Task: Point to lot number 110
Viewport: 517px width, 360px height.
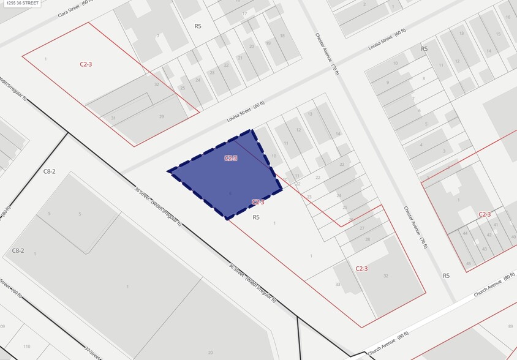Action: pyautogui.click(x=26, y=347)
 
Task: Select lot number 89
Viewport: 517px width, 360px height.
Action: pyautogui.click(x=510, y=327)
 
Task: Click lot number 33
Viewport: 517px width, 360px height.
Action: pyautogui.click(x=338, y=284)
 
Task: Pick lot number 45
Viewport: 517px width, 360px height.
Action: pyautogui.click(x=468, y=264)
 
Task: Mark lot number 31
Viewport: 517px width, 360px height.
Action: pyautogui.click(x=113, y=118)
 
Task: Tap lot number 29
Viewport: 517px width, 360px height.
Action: pyautogui.click(x=161, y=116)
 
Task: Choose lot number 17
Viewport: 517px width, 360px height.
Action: pyautogui.click(x=244, y=13)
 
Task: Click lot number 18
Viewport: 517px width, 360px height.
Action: pyautogui.click(x=282, y=36)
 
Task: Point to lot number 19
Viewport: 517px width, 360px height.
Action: pyautogui.click(x=268, y=43)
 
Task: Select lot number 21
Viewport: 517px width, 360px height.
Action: pyautogui.click(x=240, y=58)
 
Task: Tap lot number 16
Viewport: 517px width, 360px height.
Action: pyautogui.click(x=508, y=17)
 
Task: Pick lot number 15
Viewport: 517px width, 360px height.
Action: pyautogui.click(x=498, y=34)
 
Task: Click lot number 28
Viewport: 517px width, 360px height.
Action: pyautogui.click(x=368, y=239)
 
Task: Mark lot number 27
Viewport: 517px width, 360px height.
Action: pyautogui.click(x=362, y=228)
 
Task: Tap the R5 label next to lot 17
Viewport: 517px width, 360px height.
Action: pyautogui.click(x=198, y=26)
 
